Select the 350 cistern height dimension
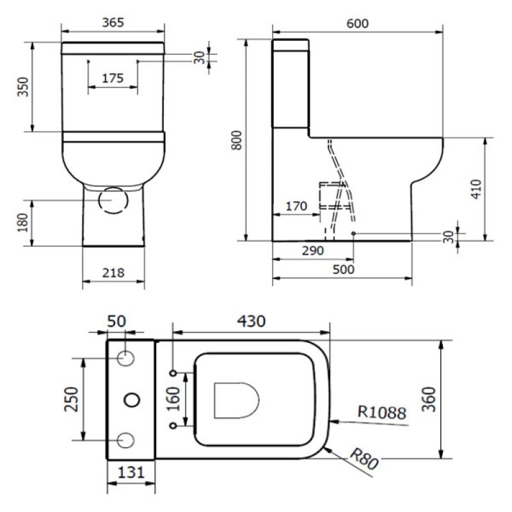click(23, 88)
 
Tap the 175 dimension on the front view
click(113, 79)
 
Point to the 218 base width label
click(113, 273)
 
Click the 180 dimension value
click(23, 221)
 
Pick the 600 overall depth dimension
click(357, 23)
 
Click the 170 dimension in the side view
click(296, 207)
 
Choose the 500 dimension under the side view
click(344, 269)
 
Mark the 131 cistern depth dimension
click(131, 474)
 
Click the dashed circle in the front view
click(113, 200)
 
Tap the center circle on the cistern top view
click(131, 399)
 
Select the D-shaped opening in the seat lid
click(236, 400)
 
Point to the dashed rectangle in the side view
click(331, 196)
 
